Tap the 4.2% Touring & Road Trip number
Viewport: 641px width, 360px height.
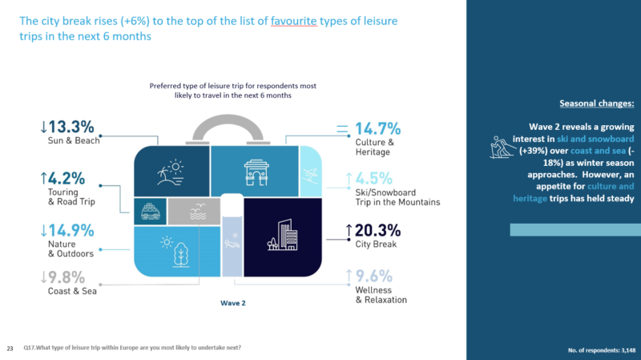67,177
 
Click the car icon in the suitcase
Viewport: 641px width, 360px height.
150,212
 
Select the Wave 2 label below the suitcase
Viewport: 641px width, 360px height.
232,304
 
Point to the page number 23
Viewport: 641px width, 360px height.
10,348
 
